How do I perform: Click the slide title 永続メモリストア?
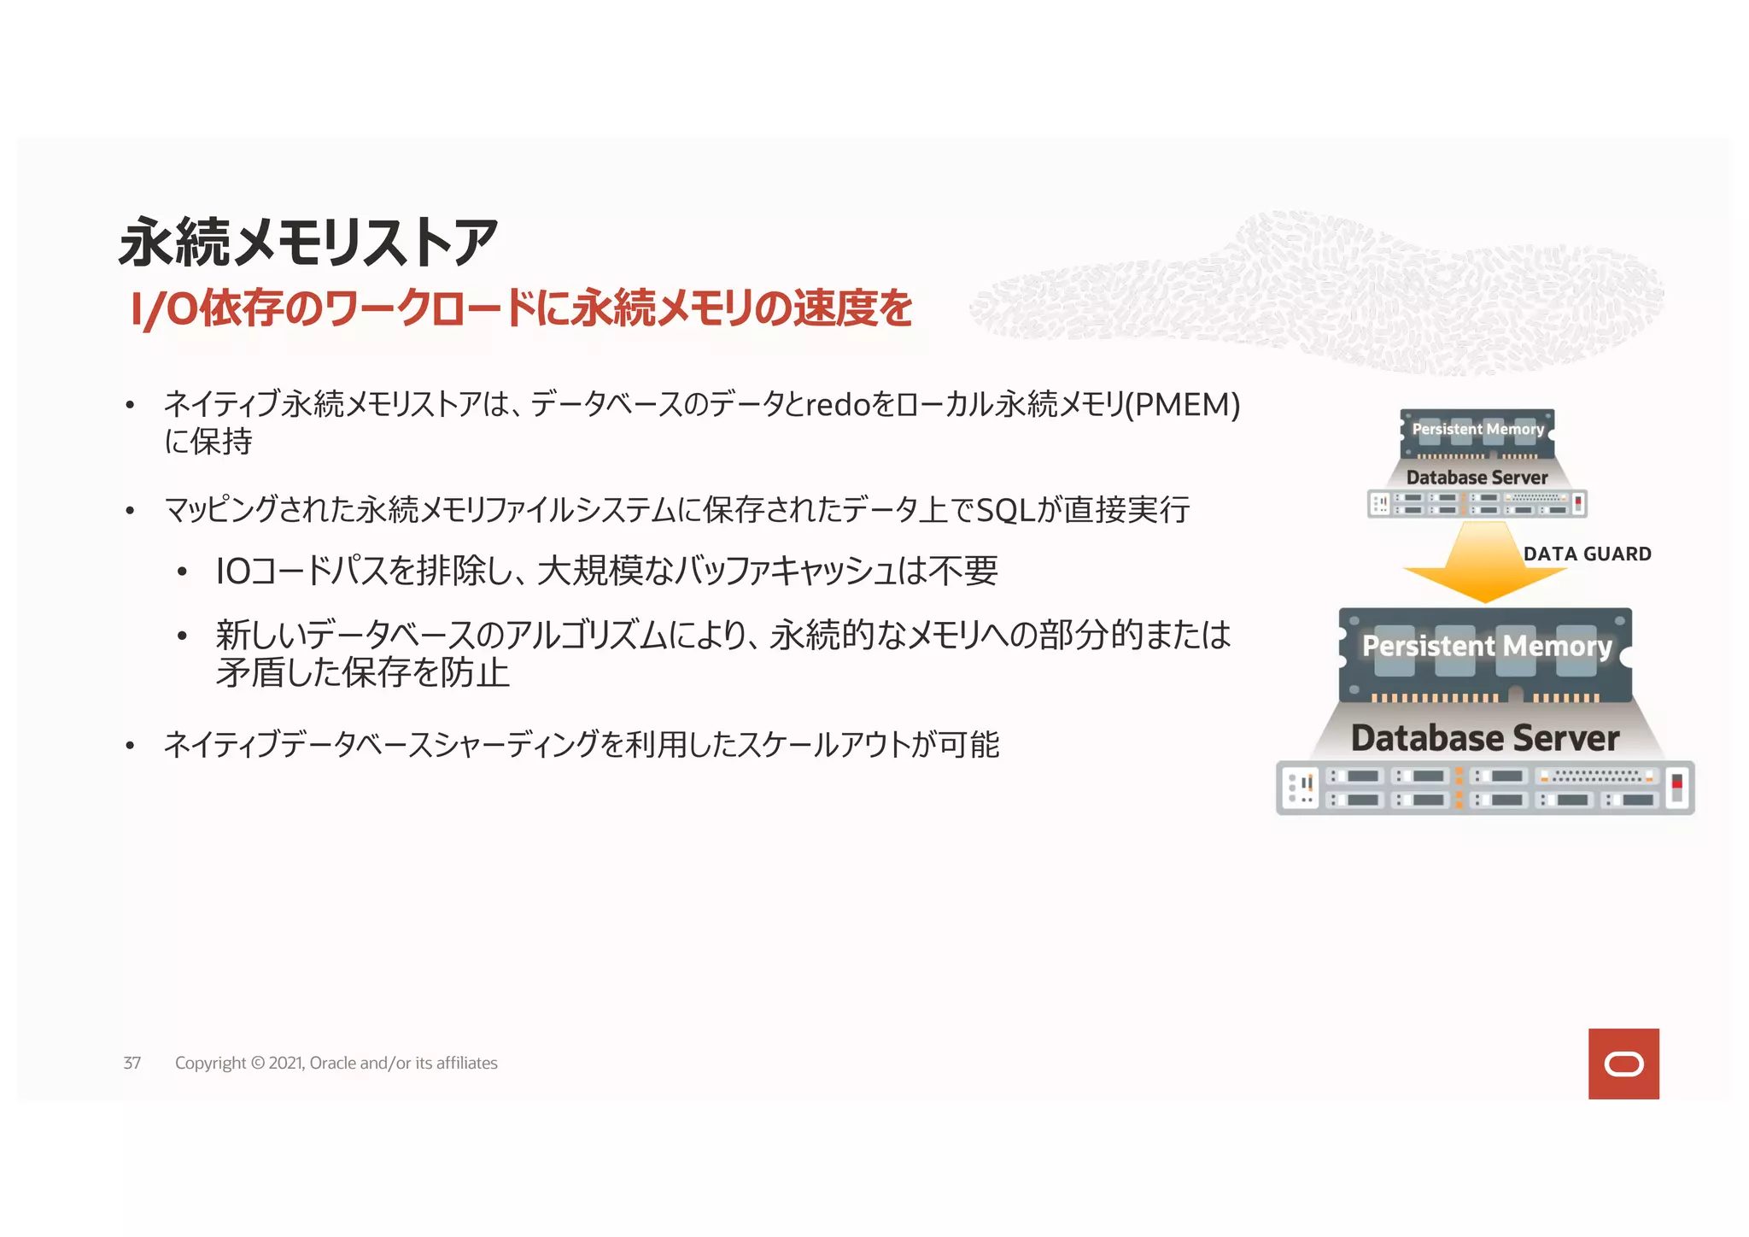tap(307, 243)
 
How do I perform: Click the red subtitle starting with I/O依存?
tap(521, 309)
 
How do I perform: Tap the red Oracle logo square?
tap(1623, 1064)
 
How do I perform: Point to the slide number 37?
tap(132, 1064)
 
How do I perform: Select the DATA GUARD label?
tap(1587, 554)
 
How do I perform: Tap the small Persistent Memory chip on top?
tap(1477, 432)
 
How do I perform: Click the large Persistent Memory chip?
tap(1486, 654)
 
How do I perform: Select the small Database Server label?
tap(1477, 478)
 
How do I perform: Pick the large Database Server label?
tap(1485, 739)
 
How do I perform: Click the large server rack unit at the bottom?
tap(1485, 788)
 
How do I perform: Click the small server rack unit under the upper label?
tap(1477, 503)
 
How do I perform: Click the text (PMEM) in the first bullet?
tap(1183, 405)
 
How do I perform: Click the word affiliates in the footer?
tap(466, 1064)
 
